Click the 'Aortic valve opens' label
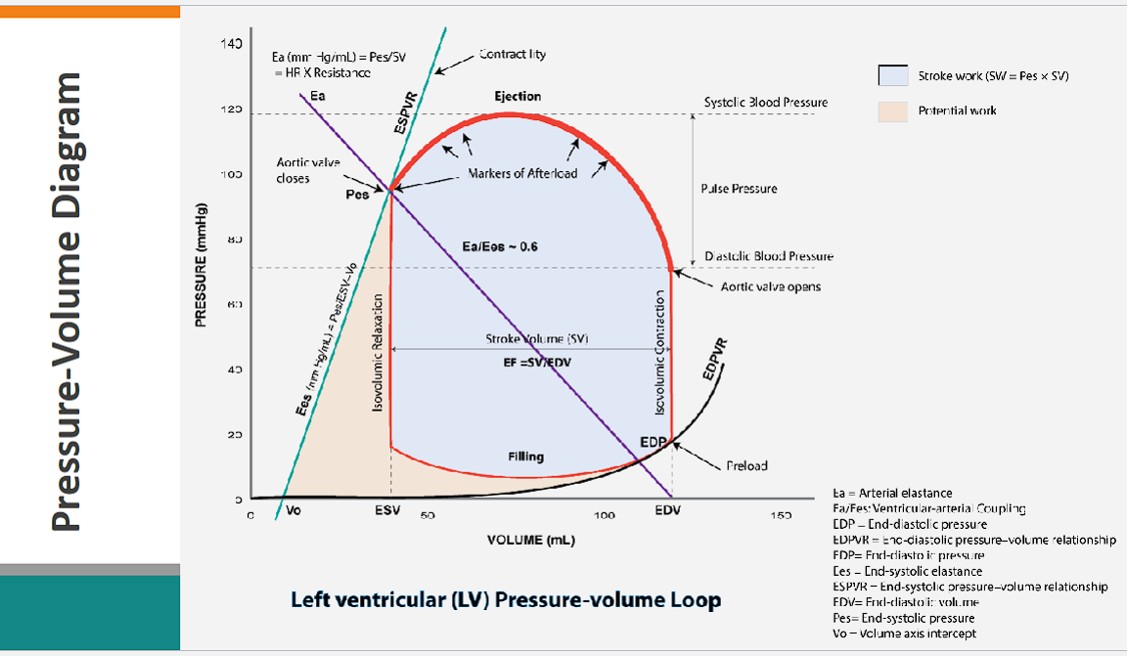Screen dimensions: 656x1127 click(770, 286)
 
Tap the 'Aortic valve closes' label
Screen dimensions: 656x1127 click(293, 171)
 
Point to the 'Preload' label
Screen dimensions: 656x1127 click(747, 465)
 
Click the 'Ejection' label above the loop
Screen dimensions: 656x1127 click(518, 96)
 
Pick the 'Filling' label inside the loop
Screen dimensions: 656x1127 click(525, 457)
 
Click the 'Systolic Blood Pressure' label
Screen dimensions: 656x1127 click(766, 103)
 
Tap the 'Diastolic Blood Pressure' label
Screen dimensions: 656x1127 click(769, 256)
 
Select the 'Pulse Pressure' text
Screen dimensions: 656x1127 click(739, 188)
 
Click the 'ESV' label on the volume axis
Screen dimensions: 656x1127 click(386, 510)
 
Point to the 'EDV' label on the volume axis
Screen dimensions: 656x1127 click(668, 510)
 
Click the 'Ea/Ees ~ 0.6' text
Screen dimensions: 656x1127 click(500, 246)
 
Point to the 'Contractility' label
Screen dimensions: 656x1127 click(513, 55)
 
